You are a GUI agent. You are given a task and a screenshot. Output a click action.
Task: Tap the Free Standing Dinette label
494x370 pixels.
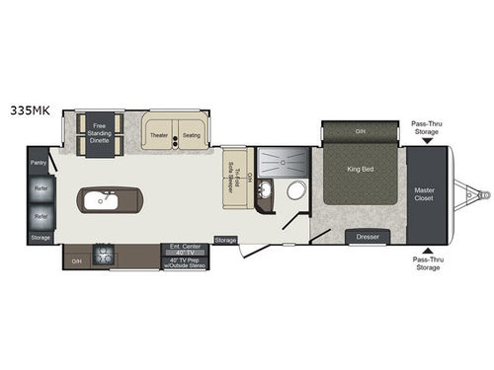coord(100,134)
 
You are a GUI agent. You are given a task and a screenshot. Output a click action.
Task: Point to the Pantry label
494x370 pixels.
coord(39,162)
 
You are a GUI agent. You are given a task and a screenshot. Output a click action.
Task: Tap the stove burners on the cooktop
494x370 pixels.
coord(104,256)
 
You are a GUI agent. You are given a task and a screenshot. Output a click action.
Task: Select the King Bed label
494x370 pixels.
coord(361,170)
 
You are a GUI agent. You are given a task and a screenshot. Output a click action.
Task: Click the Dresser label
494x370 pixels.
coord(368,238)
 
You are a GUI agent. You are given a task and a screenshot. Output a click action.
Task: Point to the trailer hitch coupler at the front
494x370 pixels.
coord(480,197)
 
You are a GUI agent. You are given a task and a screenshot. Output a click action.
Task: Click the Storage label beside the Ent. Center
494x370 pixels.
coord(225,240)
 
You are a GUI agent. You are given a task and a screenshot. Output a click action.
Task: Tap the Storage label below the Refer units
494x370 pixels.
coord(40,237)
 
